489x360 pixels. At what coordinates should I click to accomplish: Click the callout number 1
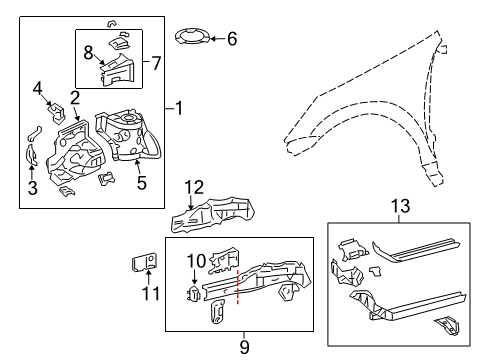[179, 106]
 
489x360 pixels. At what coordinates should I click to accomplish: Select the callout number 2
[74, 96]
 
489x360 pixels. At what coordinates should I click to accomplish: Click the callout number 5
[141, 183]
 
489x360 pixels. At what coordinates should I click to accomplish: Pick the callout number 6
[232, 39]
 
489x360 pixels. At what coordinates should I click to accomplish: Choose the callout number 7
[156, 63]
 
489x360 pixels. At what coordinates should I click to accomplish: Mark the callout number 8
[88, 50]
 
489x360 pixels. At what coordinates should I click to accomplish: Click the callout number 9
[244, 347]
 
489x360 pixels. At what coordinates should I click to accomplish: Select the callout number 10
[196, 261]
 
